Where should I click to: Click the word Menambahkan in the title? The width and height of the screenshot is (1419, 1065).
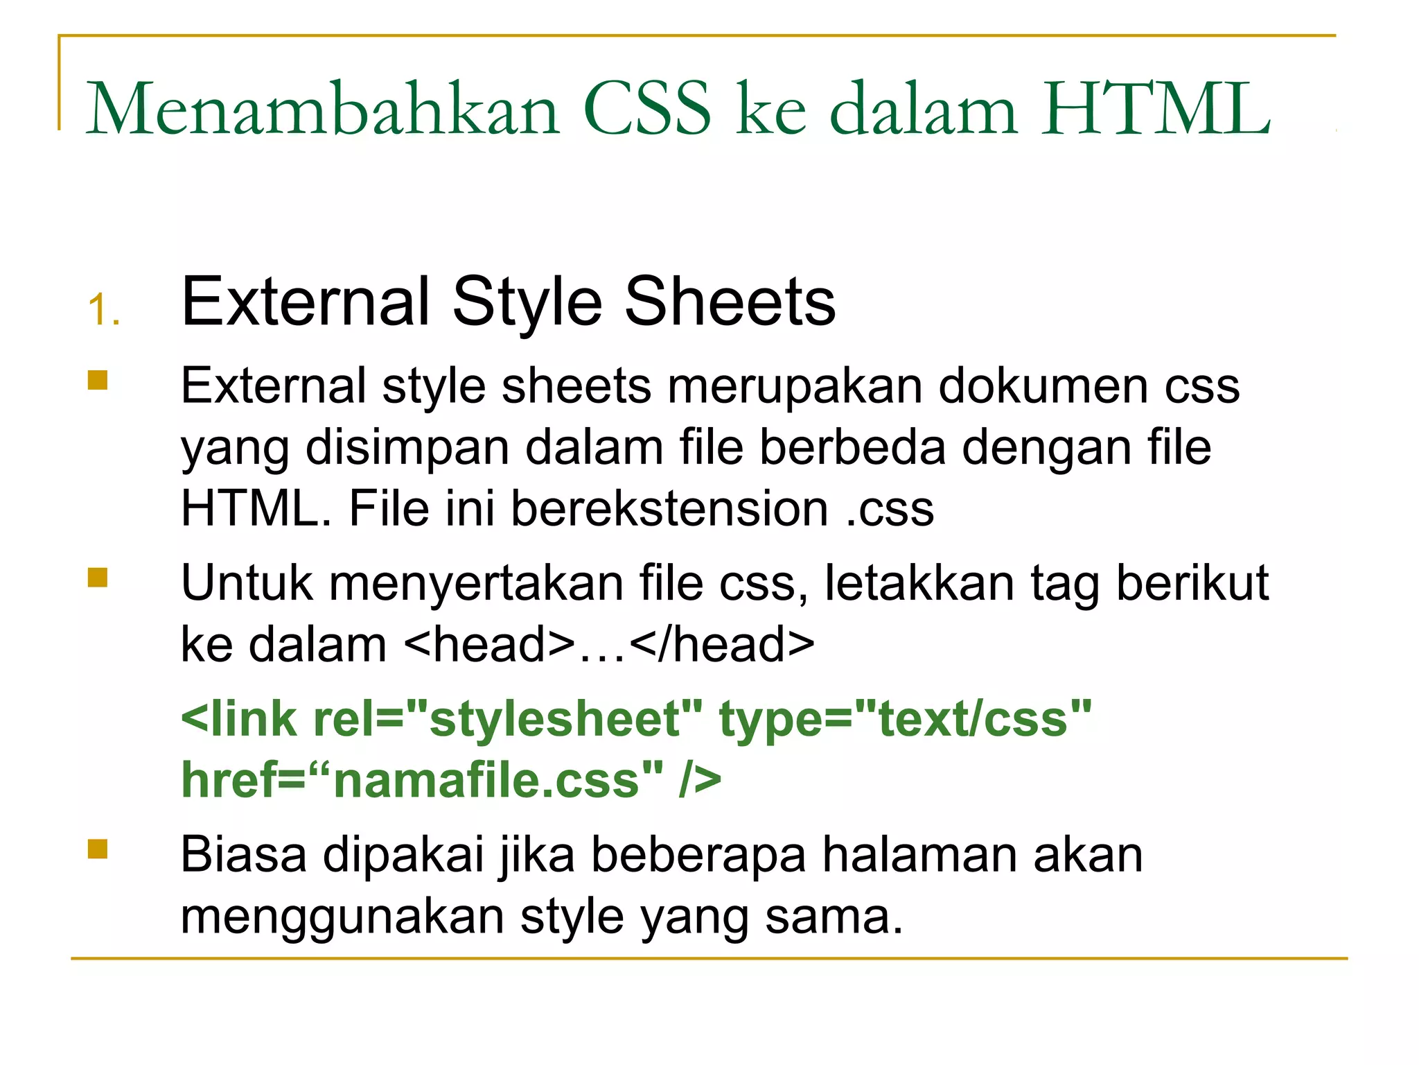click(322, 109)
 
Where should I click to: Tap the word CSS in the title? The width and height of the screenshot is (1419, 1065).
click(647, 109)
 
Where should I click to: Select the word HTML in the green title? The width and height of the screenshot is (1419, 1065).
click(1156, 109)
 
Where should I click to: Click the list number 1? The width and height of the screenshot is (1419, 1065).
click(104, 309)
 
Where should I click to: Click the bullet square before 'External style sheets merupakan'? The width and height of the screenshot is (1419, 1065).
click(98, 381)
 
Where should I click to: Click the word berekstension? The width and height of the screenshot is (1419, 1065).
click(669, 508)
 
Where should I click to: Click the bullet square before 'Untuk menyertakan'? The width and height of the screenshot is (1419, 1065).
click(98, 578)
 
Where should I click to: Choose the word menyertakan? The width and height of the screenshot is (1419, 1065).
click(476, 583)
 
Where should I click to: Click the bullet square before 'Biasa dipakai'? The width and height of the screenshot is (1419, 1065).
click(98, 849)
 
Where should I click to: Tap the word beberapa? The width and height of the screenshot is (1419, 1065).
click(698, 855)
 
